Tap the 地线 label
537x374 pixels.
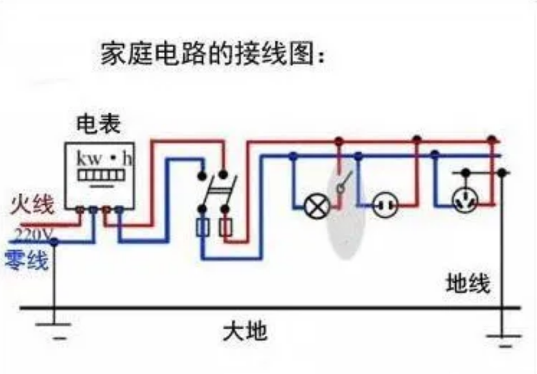pos(468,283)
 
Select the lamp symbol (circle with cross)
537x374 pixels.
pos(316,205)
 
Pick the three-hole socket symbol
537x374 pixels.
pos(464,202)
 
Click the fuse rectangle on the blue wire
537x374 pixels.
pos(203,228)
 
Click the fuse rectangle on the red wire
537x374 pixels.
pos(226,228)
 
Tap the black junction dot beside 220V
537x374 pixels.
pos(54,242)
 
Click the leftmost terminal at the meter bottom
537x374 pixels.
pos(79,209)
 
